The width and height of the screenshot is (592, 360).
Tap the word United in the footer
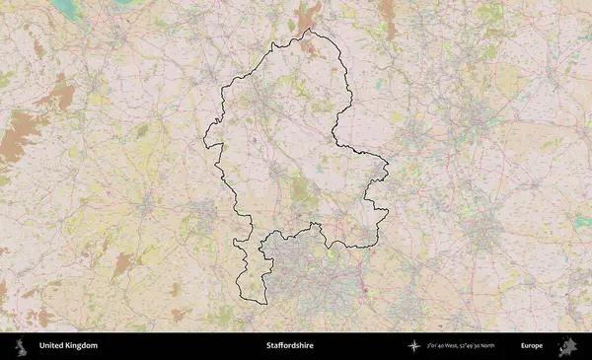[53, 346]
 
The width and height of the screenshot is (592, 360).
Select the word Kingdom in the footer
[82, 346]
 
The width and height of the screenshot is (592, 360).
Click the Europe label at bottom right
[532, 346]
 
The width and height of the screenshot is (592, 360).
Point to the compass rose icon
[414, 346]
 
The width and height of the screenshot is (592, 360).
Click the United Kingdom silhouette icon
[19, 346]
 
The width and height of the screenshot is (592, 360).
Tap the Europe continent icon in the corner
[568, 346]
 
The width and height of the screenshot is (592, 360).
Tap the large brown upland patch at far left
[18, 138]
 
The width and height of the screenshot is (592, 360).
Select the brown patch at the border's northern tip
[308, 16]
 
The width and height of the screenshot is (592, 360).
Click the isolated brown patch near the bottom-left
[121, 263]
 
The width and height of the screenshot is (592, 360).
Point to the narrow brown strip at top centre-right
[387, 15]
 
